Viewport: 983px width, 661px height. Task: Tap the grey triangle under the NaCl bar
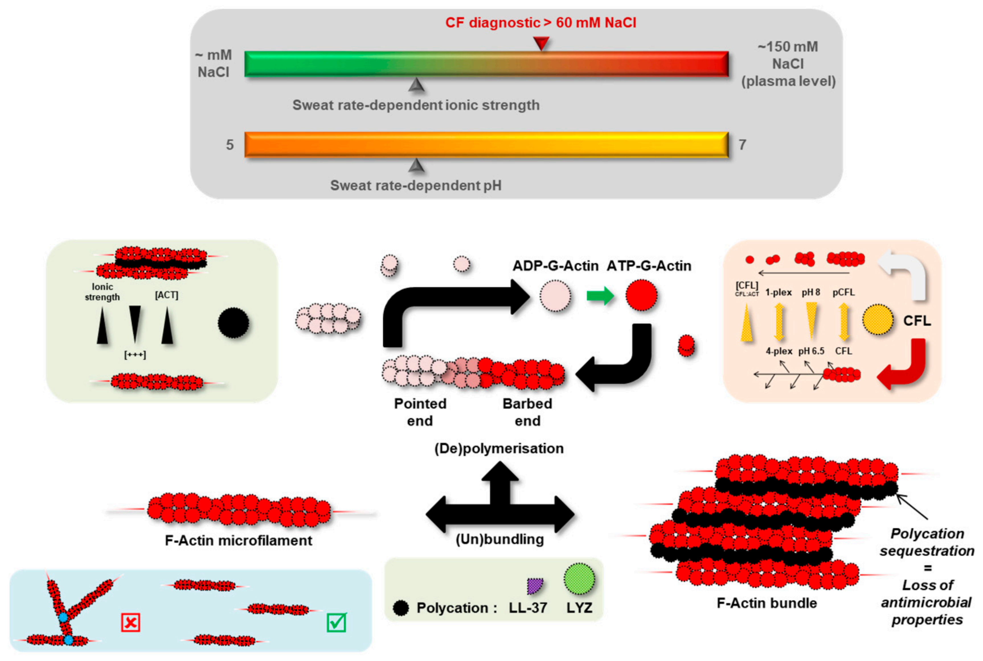click(x=416, y=85)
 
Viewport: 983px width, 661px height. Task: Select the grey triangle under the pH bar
click(x=416, y=166)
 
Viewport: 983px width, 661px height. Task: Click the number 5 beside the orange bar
click(x=230, y=145)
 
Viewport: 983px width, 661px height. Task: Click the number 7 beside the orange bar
click(x=742, y=145)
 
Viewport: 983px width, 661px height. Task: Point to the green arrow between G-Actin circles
click(x=600, y=295)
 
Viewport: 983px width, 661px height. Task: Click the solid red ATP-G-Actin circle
click(x=641, y=295)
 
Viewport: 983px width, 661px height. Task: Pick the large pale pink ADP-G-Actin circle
click(x=555, y=295)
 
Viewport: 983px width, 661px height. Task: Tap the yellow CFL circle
click(x=878, y=320)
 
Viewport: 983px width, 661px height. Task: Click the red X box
click(x=130, y=623)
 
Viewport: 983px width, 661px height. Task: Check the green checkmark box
click(x=336, y=623)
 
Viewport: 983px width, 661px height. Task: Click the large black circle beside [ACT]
click(x=234, y=323)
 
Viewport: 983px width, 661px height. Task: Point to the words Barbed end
click(x=527, y=412)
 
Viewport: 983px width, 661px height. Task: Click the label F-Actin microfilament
click(x=238, y=540)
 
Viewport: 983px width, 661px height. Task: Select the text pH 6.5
click(x=811, y=351)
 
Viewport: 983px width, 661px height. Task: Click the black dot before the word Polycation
click(x=401, y=608)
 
